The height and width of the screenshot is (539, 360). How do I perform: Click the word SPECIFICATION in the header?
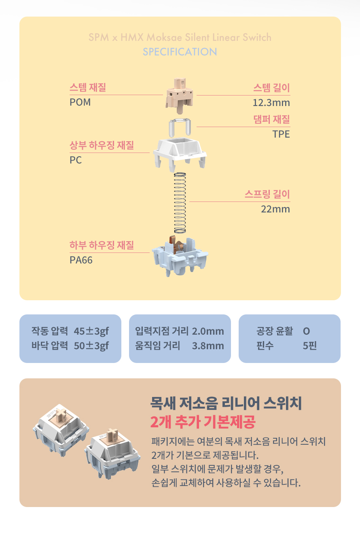pos(180,52)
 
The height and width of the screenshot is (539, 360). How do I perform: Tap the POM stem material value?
pos(80,102)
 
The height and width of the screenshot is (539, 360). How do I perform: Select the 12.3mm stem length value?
pos(271,103)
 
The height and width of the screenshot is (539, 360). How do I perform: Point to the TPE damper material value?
pos(281,134)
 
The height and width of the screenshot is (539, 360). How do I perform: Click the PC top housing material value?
pos(76,160)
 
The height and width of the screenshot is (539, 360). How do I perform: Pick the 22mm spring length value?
pos(275,209)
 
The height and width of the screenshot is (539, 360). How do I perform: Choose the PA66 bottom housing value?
pos(81,260)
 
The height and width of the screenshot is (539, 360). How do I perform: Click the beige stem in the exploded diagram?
pos(180,95)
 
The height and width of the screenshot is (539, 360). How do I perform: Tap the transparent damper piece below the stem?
pos(180,127)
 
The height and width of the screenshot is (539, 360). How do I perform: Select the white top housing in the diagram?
pos(180,153)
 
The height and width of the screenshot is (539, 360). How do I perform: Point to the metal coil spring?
pos(180,203)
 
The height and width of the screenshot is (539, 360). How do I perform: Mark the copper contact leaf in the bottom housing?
pos(176,244)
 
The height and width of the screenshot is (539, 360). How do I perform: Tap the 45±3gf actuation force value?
pos(91,331)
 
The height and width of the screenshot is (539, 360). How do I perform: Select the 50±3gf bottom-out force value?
pos(91,346)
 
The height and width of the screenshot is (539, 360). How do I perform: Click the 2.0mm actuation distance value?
pos(208,331)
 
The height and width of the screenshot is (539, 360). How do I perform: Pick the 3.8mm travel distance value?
pos(208,346)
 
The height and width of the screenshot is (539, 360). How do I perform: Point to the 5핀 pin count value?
pos(309,346)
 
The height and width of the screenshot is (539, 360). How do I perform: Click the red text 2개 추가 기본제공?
pos(203,422)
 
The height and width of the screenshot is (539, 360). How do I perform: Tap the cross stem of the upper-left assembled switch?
pos(61,416)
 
